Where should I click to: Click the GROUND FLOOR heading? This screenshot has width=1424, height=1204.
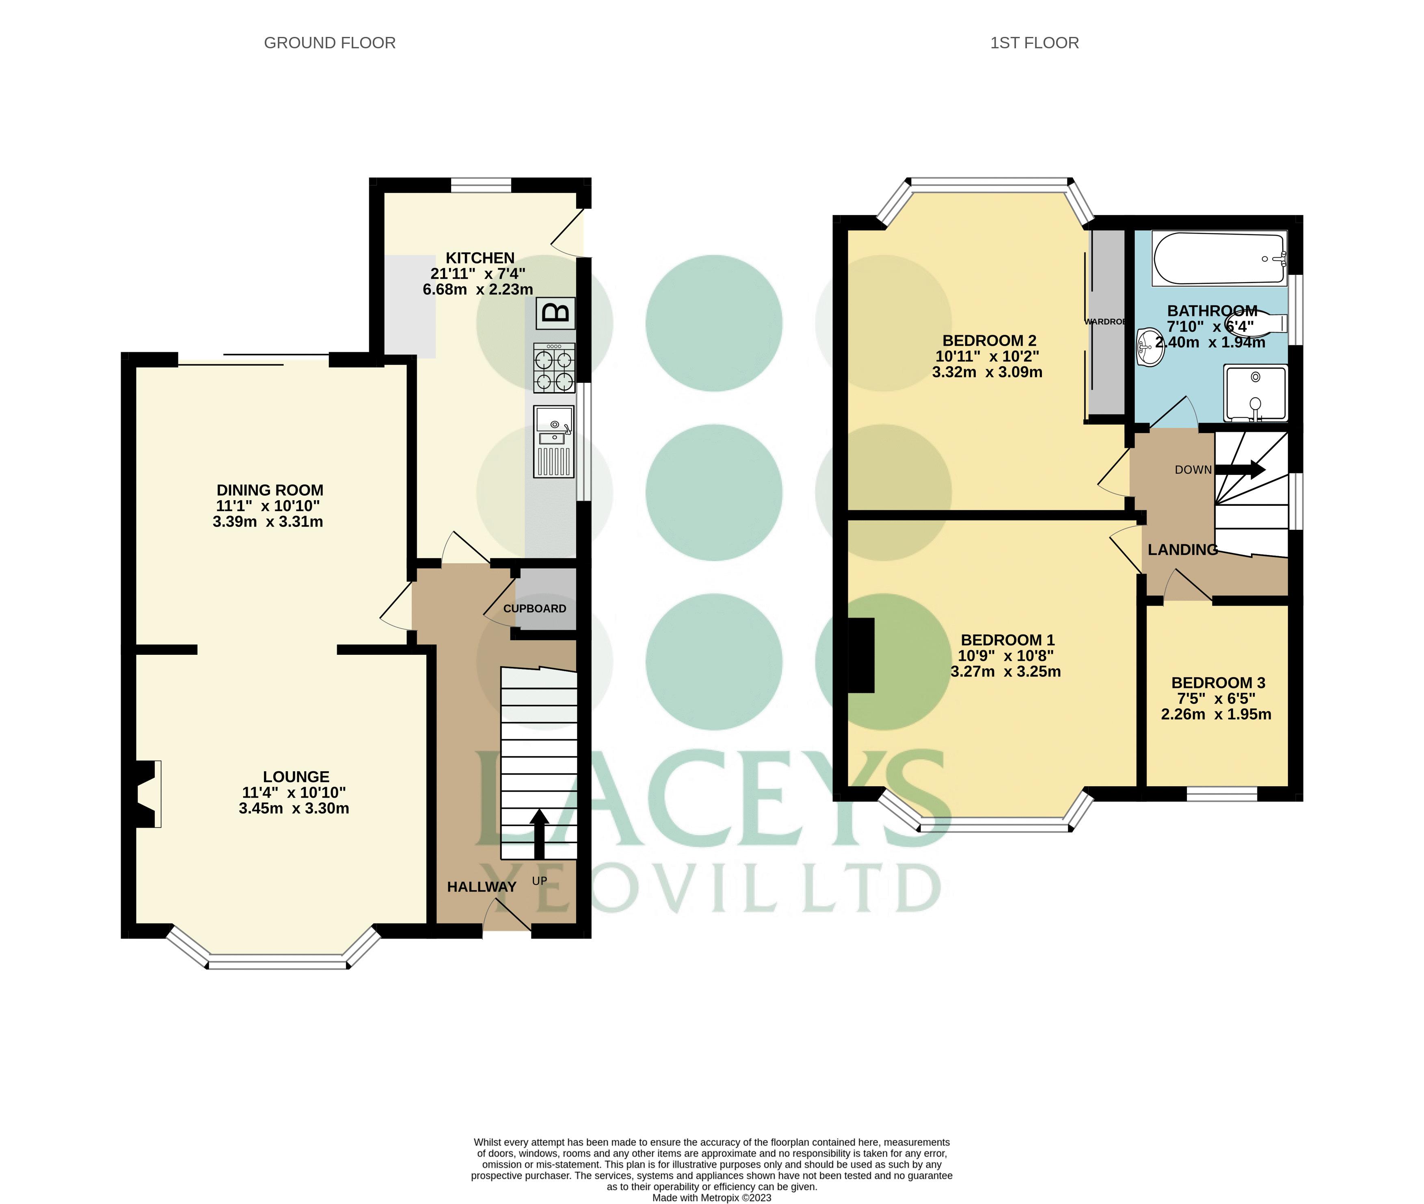[x=330, y=43]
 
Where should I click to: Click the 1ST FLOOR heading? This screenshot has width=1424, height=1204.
[x=1034, y=43]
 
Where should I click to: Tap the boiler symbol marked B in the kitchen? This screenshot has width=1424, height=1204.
[x=555, y=313]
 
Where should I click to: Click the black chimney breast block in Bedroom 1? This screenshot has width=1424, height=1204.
[x=861, y=655]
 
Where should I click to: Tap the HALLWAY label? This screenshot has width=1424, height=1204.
[x=481, y=887]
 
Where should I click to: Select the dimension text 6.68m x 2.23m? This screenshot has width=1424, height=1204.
[x=478, y=289]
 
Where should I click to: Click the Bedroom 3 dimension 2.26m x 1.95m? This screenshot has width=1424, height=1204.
[x=1216, y=714]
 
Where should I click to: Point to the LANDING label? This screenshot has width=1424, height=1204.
[x=1182, y=550]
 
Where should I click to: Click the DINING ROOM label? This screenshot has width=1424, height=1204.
[x=270, y=490]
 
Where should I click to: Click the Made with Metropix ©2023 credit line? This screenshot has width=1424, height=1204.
[x=711, y=1197]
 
